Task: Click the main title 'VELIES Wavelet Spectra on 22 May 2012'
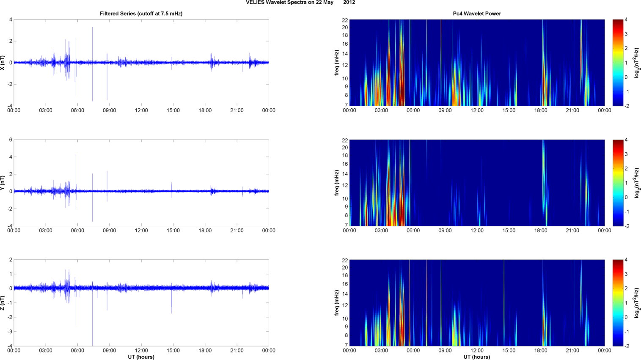(300, 3)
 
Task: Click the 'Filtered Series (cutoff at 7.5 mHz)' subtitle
(141, 14)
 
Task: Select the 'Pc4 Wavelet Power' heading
(477, 14)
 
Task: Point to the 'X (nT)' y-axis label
(3, 63)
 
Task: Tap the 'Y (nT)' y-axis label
(3, 183)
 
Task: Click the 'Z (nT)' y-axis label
(3, 303)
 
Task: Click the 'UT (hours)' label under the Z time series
(141, 357)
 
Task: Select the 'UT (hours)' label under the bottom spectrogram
(477, 357)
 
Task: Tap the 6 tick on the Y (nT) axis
(11, 140)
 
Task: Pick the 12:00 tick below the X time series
(141, 110)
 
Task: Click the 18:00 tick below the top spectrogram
(541, 110)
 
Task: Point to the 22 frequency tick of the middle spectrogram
(345, 140)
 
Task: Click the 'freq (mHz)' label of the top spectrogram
(337, 63)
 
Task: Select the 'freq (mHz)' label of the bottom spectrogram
(337, 303)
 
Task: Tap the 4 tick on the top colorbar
(626, 20)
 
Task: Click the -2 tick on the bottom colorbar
(627, 346)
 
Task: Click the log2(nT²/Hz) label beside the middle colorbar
(637, 183)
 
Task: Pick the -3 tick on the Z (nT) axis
(9, 332)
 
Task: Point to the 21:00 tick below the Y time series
(237, 231)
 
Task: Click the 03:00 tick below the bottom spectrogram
(381, 351)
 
